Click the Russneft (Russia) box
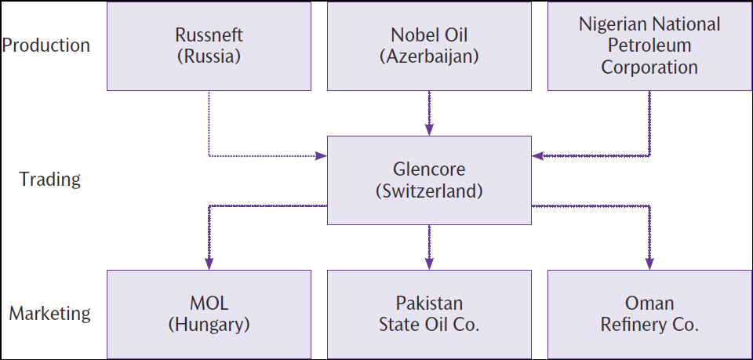click(209, 45)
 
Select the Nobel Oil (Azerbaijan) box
click(429, 45)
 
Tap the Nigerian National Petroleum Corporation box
click(649, 45)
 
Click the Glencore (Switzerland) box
click(429, 180)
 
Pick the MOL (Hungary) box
click(209, 314)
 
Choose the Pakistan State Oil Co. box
click(429, 314)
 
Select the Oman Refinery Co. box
click(649, 314)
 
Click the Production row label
click(46, 45)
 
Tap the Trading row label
click(50, 179)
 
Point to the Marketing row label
click(50, 314)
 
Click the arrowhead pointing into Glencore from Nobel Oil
click(429, 130)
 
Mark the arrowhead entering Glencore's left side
click(322, 156)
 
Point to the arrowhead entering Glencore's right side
click(537, 156)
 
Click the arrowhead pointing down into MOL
click(209, 264)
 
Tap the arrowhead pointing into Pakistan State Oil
click(429, 264)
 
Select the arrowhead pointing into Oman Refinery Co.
click(649, 264)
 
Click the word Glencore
click(429, 169)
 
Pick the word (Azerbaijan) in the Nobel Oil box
click(429, 56)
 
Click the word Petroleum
click(649, 45)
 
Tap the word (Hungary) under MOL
click(209, 325)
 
